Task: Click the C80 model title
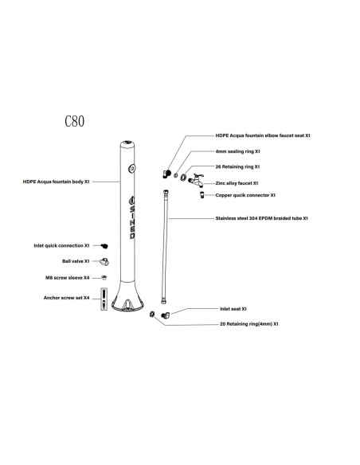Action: pos(74,121)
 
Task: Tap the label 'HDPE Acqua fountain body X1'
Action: pos(56,182)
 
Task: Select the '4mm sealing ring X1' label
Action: pos(237,151)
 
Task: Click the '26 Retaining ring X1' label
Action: pos(237,166)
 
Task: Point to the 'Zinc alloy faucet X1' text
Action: pos(237,183)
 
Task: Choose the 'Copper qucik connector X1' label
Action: pos(245,195)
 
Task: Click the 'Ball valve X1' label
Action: pos(76,261)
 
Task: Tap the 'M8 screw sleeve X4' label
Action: pos(68,278)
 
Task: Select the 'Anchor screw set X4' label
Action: pos(66,298)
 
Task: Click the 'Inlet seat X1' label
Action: pos(233,309)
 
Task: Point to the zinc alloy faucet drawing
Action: pos(196,180)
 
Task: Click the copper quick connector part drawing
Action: pos(202,195)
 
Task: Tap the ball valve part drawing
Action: pos(104,261)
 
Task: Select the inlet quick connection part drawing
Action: pos(104,246)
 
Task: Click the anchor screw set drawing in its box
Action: pos(104,299)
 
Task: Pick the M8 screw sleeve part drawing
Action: pos(104,278)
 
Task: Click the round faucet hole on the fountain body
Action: pos(132,169)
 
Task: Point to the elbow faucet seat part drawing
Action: pos(167,174)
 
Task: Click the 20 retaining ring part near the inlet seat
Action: pos(152,314)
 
